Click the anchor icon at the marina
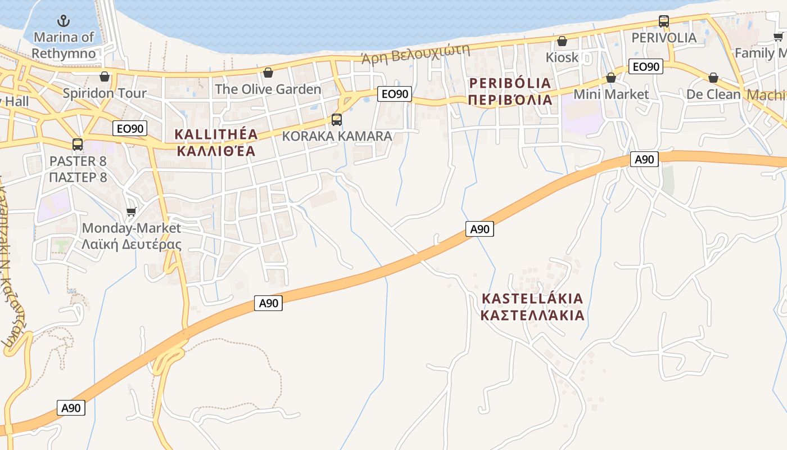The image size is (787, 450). pos(64,21)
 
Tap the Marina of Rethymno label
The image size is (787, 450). pos(64,45)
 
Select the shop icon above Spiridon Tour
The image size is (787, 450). pos(104,76)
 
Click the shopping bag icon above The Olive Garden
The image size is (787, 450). pos(268,73)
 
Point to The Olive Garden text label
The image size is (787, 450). pos(268,89)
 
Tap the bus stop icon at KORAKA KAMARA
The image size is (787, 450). pos(337,119)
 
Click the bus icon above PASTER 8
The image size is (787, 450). pos(78,145)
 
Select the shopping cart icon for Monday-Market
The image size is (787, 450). pos(132,211)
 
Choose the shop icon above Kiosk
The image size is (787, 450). pos(562,41)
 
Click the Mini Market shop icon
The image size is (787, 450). pos(611,78)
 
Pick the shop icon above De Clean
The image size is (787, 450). pos(713,78)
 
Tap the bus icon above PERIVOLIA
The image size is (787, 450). pos(664,21)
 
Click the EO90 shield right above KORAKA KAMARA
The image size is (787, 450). pos(395,94)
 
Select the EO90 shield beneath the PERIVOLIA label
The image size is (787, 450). pos(645,67)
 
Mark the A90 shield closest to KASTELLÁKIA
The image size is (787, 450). pos(480,229)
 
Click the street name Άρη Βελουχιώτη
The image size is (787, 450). pos(415,55)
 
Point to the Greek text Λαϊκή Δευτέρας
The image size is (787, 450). pos(132,244)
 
